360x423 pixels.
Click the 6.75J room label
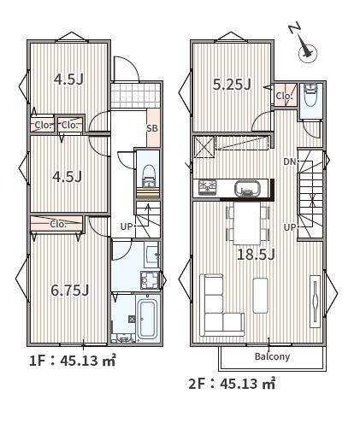tap(70, 291)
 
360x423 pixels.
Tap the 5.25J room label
tap(232, 85)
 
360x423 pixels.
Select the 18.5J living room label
tap(256, 255)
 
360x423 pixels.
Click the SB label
tap(152, 128)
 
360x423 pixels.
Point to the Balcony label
tap(272, 356)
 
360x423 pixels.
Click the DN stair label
tap(290, 162)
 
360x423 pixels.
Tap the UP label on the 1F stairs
tap(127, 226)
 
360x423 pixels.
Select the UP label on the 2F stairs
tap(290, 227)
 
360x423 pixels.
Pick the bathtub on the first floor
tap(147, 318)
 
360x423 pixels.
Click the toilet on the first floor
tap(148, 176)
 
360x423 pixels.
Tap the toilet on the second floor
tap(310, 95)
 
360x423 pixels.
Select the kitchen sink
tap(247, 189)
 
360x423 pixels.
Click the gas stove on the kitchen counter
tap(208, 188)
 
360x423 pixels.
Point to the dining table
tap(247, 223)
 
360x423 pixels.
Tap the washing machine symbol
tap(150, 280)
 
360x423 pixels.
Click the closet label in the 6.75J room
tap(58, 224)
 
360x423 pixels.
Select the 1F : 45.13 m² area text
tap(73, 361)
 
